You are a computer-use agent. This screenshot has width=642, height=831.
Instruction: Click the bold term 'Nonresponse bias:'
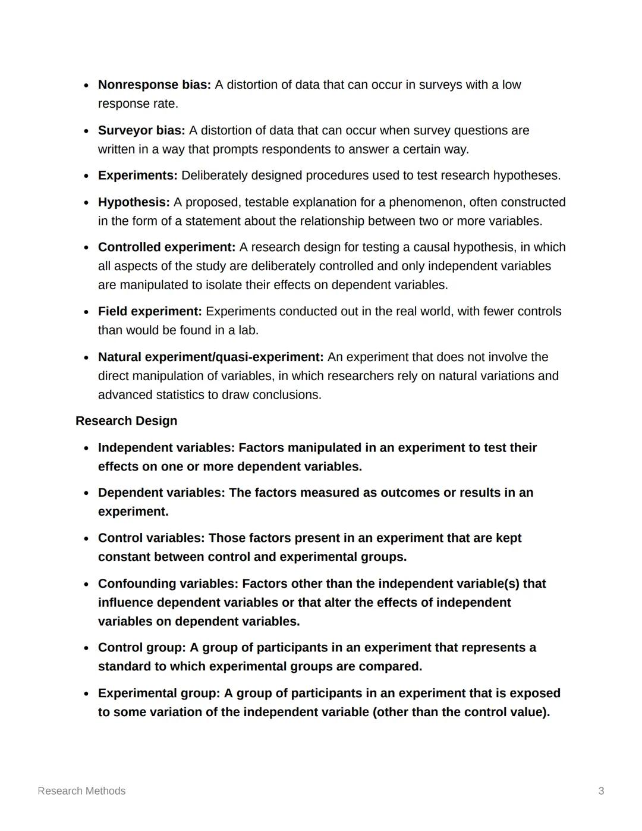[154, 85]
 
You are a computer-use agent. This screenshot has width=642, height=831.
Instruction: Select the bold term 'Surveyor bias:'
[141, 130]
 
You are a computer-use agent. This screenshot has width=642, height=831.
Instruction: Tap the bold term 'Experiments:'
[137, 175]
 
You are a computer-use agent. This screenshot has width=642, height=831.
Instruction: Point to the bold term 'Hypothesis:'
[134, 202]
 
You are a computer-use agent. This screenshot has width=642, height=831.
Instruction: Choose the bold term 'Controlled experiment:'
[166, 247]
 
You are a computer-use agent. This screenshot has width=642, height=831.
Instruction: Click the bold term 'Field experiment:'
[150, 312]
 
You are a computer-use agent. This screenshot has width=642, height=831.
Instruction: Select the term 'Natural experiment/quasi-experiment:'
[210, 357]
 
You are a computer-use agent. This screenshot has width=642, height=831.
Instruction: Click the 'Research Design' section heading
[126, 421]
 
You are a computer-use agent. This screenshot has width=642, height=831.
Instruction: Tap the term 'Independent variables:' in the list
[166, 448]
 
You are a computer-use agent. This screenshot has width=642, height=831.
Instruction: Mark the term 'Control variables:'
[151, 538]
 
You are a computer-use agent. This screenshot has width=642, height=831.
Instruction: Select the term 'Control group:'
[141, 648]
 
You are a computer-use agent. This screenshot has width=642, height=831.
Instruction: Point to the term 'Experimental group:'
[159, 694]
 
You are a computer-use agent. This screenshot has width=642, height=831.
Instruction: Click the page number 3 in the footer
[601, 791]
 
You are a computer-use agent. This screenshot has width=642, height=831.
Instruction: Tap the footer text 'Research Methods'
[81, 791]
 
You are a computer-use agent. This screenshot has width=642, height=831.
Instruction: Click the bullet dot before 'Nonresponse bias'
[86, 86]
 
